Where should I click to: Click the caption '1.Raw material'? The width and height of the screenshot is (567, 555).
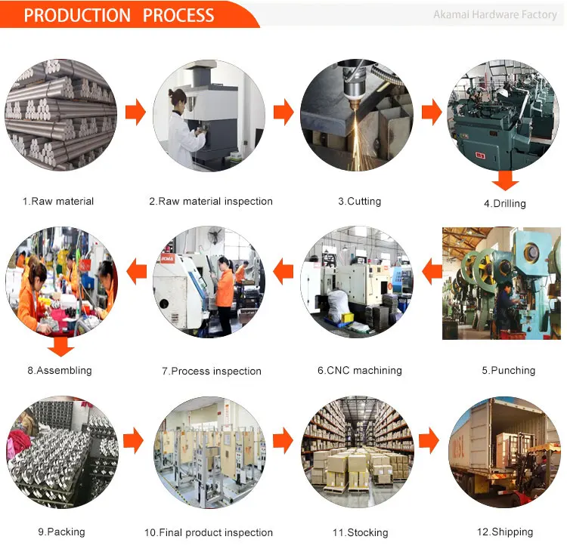pyautogui.click(x=58, y=202)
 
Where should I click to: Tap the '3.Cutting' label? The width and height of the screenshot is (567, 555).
pyautogui.click(x=359, y=202)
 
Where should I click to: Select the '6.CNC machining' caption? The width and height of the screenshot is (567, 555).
pyautogui.click(x=359, y=371)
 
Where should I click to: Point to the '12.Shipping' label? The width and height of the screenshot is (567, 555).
pyautogui.click(x=504, y=532)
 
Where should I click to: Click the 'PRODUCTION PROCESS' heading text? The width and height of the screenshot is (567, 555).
pyautogui.click(x=119, y=15)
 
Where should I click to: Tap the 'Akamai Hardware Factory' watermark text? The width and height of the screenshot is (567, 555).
pyautogui.click(x=494, y=15)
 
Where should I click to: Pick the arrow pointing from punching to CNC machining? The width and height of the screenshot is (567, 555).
pyautogui.click(x=432, y=270)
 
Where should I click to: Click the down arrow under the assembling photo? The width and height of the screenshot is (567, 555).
pyautogui.click(x=60, y=347)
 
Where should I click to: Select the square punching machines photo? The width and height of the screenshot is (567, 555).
pyautogui.click(x=501, y=282)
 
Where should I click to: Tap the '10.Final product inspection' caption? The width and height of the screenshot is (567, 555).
pyautogui.click(x=209, y=532)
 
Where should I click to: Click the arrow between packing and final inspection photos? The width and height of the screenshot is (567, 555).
pyautogui.click(x=134, y=439)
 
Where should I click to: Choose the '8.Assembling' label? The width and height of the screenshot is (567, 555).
pyautogui.click(x=60, y=371)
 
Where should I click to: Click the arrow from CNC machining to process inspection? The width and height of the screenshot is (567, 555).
pyautogui.click(x=283, y=270)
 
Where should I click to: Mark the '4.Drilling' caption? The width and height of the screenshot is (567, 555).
pyautogui.click(x=504, y=203)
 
